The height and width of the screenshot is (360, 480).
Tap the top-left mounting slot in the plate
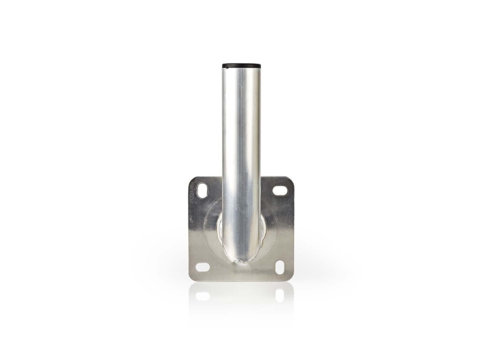pos(202,191)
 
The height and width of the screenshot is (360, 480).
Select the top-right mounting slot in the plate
pos(280,190)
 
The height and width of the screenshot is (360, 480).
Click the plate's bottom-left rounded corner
pos(192,277)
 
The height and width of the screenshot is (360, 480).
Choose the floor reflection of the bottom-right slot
pos(280,295)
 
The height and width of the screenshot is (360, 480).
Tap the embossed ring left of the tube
pos(211,228)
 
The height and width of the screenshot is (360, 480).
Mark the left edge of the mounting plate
pos(190,228)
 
